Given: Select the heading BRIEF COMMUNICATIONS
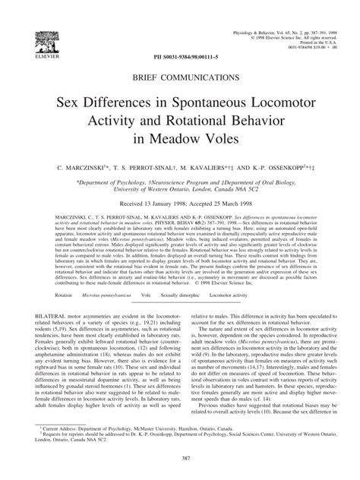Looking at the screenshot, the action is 179,77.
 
